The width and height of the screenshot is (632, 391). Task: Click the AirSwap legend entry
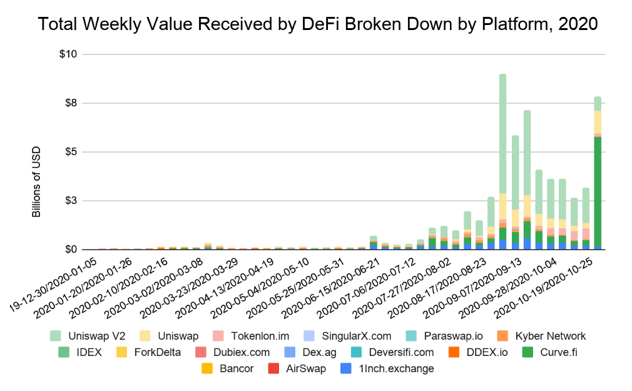coord(297,368)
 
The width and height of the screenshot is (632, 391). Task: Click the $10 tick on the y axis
coord(68,54)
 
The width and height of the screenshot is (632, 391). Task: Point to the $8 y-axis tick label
coord(71,103)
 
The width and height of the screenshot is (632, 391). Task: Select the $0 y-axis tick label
coord(71,250)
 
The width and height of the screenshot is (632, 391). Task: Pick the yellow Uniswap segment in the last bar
coord(598,122)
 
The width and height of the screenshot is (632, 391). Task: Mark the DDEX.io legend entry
coord(482,352)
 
